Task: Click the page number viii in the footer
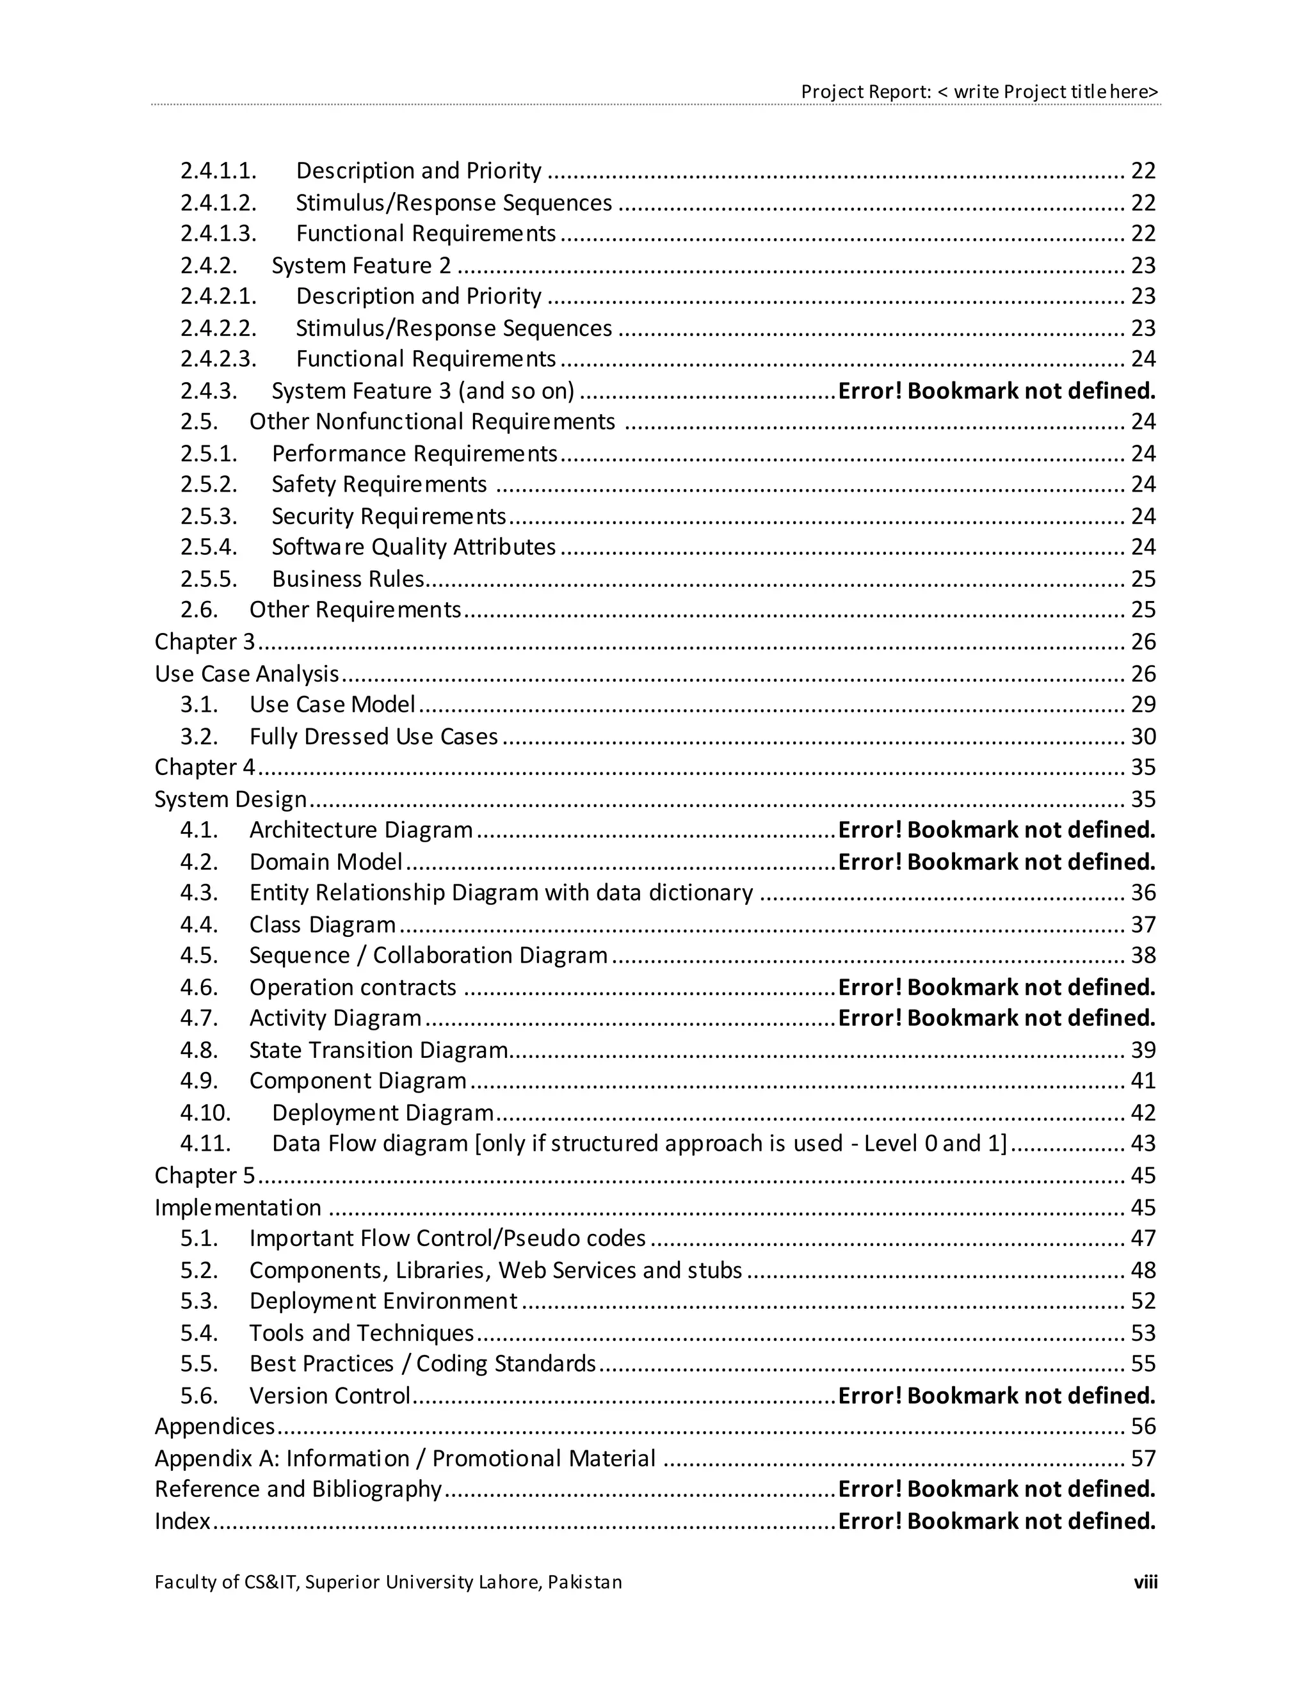1145,1582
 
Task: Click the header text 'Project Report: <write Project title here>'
979,92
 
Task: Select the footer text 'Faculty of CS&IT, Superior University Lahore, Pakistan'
389,1582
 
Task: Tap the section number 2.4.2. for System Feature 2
209,266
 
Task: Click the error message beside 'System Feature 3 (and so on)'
997,390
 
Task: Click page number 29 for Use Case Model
1143,705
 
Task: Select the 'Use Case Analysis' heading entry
247,673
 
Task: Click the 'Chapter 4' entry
204,767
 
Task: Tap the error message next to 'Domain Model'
997,862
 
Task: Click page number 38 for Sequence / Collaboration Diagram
1143,955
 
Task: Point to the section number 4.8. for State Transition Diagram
199,1050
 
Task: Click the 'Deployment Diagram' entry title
383,1113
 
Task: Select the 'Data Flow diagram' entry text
638,1143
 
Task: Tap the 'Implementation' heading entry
237,1208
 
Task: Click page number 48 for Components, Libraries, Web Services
1143,1270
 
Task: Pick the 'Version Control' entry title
329,1395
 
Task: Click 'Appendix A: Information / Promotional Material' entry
405,1459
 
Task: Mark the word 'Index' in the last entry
182,1521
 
